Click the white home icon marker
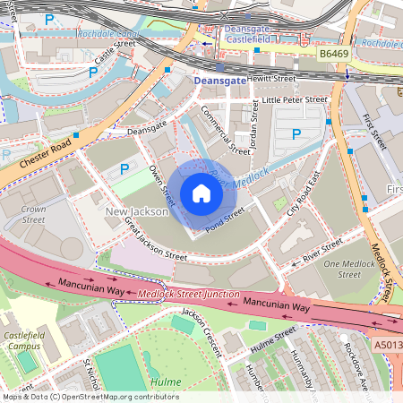click(x=201, y=193)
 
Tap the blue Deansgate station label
click(x=219, y=81)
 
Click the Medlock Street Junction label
click(x=188, y=295)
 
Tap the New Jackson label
click(x=136, y=211)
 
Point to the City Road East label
click(x=303, y=193)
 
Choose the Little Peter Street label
click(x=295, y=100)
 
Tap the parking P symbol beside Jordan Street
click(x=297, y=134)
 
